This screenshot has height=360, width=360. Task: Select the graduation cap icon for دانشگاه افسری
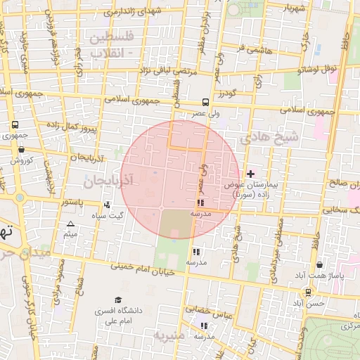[118, 300]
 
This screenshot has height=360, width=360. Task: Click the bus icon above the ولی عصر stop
[205, 101]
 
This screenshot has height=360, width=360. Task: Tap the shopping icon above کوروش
[21, 149]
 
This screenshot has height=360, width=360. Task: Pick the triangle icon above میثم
[70, 224]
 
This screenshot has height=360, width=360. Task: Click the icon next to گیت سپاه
[107, 205]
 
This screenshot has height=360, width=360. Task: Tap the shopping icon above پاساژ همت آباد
[321, 265]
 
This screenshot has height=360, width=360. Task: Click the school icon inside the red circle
[200, 202]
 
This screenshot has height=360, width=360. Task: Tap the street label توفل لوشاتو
[318, 69]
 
